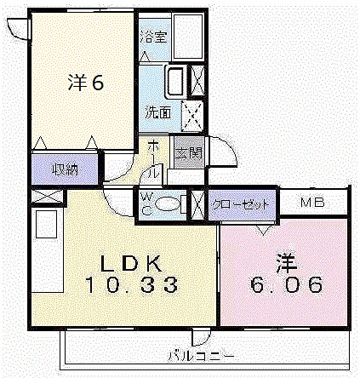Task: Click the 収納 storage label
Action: (65, 169)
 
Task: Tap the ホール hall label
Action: (152, 158)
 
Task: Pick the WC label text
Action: (146, 204)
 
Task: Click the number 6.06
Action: (286, 283)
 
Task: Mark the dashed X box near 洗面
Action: (195, 112)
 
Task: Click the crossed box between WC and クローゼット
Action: (197, 204)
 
